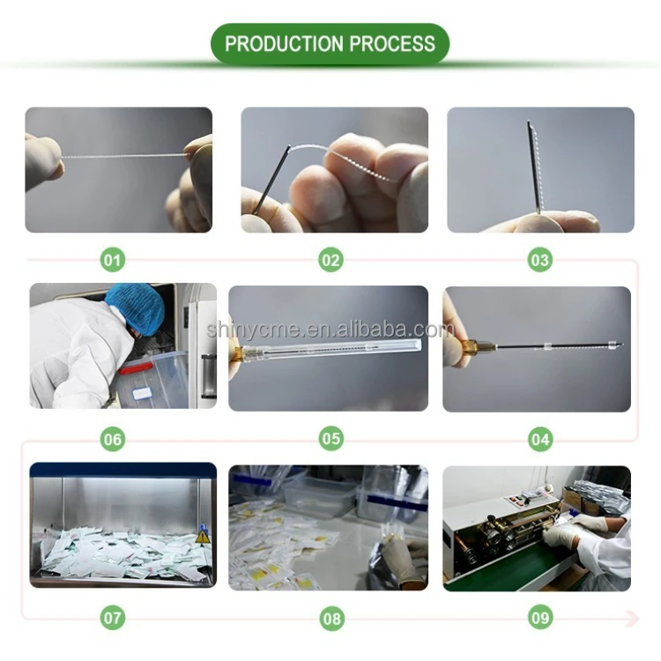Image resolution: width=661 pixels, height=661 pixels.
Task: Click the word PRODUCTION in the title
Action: click(284, 44)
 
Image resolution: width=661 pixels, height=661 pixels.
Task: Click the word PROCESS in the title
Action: click(392, 44)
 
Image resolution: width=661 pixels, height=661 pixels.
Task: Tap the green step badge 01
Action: click(112, 260)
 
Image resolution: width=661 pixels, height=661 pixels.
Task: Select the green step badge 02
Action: click(330, 260)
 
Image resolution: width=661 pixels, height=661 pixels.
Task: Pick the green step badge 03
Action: click(539, 260)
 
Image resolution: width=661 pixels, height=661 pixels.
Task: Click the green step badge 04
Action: click(539, 438)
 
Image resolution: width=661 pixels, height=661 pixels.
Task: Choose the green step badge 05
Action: click(330, 438)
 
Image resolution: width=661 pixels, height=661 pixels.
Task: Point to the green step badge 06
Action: click(112, 438)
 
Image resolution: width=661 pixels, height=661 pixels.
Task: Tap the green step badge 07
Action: click(112, 618)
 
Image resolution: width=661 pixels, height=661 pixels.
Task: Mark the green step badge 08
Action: click(330, 618)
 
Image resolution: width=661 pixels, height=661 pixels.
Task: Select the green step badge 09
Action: click(539, 618)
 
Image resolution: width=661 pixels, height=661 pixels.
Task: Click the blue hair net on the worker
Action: click(136, 305)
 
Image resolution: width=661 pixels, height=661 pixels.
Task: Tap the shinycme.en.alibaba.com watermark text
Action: click(330, 330)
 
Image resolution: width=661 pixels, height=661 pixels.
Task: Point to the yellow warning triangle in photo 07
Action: click(203, 536)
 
